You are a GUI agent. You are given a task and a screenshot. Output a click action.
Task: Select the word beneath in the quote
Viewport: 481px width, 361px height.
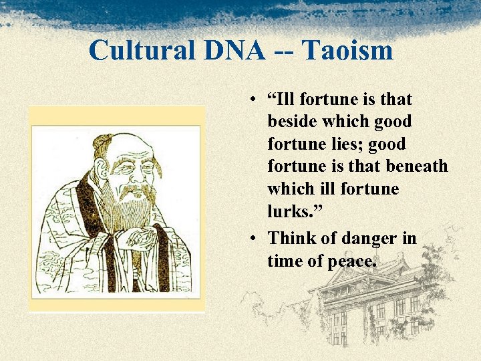[x=418, y=166]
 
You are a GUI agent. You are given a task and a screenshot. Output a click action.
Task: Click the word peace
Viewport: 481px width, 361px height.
[x=351, y=261]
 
